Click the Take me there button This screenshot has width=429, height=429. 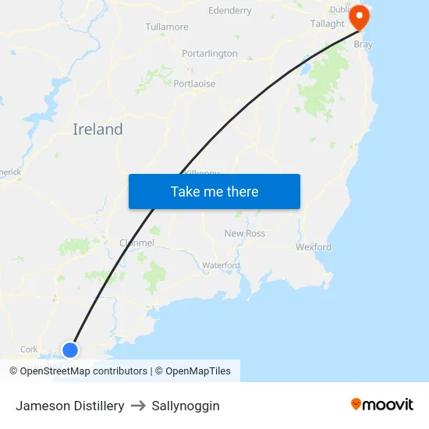pyautogui.click(x=214, y=192)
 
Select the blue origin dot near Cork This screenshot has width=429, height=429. pyautogui.click(x=70, y=349)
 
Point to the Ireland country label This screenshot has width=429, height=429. pyautogui.click(x=97, y=129)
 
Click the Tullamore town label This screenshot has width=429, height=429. pyautogui.click(x=167, y=27)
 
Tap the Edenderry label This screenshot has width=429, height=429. pyautogui.click(x=230, y=11)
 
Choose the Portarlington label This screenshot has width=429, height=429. pyautogui.click(x=209, y=54)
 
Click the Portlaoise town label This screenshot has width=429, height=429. pyautogui.click(x=194, y=83)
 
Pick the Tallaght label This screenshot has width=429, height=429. pyautogui.click(x=328, y=24)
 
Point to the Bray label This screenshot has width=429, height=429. pyautogui.click(x=363, y=44)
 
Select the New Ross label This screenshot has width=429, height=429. pyautogui.click(x=245, y=233)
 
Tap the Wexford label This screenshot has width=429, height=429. pyautogui.click(x=314, y=247)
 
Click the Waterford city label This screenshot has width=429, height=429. pyautogui.click(x=221, y=265)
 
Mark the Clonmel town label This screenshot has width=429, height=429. pyautogui.click(x=136, y=243)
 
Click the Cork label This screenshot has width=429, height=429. pyautogui.click(x=29, y=349)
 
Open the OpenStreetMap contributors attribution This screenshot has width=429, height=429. pyautogui.click(x=84, y=371)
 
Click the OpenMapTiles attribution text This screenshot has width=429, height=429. pyautogui.click(x=198, y=371)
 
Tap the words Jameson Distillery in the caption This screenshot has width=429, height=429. pyautogui.click(x=70, y=406)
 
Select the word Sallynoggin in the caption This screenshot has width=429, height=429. pyautogui.click(x=186, y=406)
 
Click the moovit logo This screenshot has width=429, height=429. pyautogui.click(x=382, y=404)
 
